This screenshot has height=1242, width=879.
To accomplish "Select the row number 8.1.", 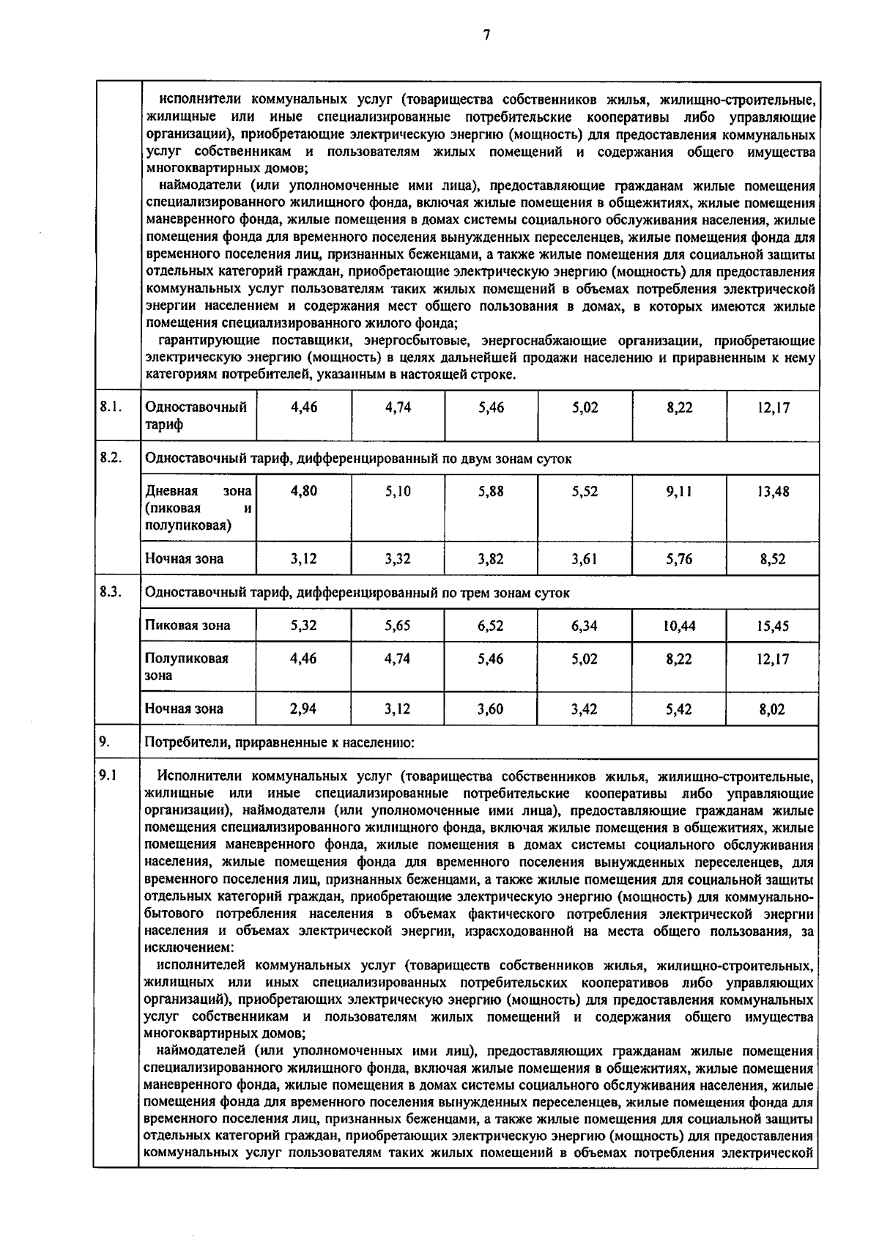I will pyautogui.click(x=110, y=407).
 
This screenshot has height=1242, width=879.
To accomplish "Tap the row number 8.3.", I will pyautogui.click(x=110, y=592).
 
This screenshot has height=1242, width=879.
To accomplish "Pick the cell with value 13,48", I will pyautogui.click(x=774, y=492).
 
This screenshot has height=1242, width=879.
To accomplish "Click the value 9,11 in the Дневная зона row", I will pyautogui.click(x=679, y=492).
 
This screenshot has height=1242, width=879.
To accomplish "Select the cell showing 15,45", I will pyautogui.click(x=774, y=626).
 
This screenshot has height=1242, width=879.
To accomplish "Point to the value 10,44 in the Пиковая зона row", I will pyautogui.click(x=679, y=626).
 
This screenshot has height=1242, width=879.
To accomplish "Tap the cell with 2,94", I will pyautogui.click(x=303, y=709).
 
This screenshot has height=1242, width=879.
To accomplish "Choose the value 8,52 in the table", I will pyautogui.click(x=773, y=559).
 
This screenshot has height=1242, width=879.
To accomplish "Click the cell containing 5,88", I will pyautogui.click(x=491, y=492).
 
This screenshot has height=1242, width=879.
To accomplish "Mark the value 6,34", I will pyautogui.click(x=585, y=626).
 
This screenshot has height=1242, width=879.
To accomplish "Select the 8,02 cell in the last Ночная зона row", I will pyautogui.click(x=773, y=709).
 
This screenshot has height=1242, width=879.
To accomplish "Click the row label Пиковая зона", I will pyautogui.click(x=188, y=626).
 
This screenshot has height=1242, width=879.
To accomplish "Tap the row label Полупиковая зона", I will pyautogui.click(x=186, y=667).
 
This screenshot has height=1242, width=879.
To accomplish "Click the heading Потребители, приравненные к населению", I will pyautogui.click(x=280, y=743).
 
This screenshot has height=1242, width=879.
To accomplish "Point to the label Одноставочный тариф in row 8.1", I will pyautogui.click(x=196, y=415).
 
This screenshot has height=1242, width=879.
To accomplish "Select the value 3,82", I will pyautogui.click(x=491, y=559).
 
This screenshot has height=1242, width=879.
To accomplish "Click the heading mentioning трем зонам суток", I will pyautogui.click(x=357, y=593).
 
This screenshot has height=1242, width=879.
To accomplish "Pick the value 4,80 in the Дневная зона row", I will pyautogui.click(x=303, y=492).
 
